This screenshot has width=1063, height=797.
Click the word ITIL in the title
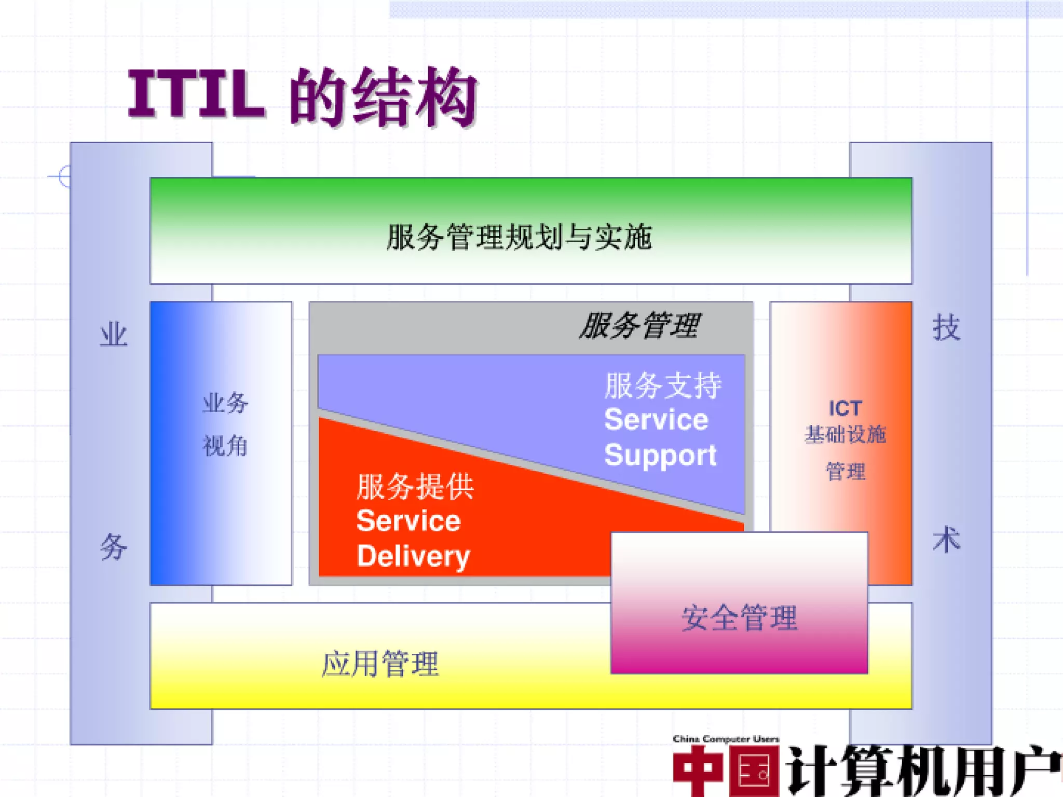click(x=196, y=94)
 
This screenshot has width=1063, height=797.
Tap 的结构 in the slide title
click(x=383, y=97)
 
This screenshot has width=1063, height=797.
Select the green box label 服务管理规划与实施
click(x=519, y=237)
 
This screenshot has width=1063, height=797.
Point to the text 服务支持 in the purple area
click(x=663, y=386)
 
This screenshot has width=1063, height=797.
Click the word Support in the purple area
click(x=660, y=455)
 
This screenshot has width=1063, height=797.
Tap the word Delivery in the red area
click(x=413, y=556)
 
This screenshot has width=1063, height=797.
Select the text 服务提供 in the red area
click(x=415, y=487)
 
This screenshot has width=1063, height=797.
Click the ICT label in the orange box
click(x=845, y=408)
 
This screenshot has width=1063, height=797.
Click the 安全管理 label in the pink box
click(x=739, y=617)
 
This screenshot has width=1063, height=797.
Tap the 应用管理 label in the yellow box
click(x=380, y=664)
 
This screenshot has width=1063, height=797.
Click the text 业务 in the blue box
click(x=225, y=403)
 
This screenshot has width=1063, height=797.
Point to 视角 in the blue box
click(x=225, y=446)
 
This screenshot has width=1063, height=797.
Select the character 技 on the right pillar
click(x=946, y=328)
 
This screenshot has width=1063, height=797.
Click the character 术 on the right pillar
click(x=946, y=540)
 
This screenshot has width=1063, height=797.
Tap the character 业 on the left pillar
click(x=114, y=335)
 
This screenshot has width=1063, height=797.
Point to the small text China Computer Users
click(x=726, y=739)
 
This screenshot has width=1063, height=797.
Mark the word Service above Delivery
click(x=408, y=520)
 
